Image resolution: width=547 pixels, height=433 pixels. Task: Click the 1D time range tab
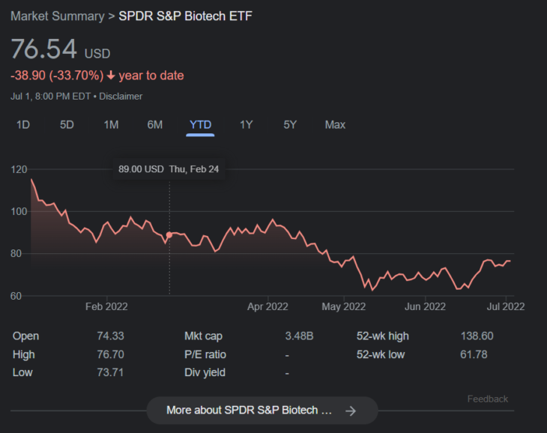[x=23, y=124]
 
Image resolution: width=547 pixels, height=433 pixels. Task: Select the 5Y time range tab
[x=290, y=124]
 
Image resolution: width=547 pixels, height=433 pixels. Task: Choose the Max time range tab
[x=335, y=124]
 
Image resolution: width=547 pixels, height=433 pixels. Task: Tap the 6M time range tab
[x=154, y=124]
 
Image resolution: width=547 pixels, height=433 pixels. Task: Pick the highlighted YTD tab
[x=200, y=124]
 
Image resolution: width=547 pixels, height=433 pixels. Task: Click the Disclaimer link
[x=121, y=96]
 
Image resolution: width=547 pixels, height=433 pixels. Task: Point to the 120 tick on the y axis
[x=19, y=169]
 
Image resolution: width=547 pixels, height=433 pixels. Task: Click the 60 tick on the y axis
[x=19, y=296]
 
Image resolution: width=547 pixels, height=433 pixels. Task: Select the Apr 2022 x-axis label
[x=268, y=306]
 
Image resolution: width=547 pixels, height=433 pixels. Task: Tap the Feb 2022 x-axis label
[x=106, y=306]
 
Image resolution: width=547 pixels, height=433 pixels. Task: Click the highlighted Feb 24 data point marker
[x=169, y=234]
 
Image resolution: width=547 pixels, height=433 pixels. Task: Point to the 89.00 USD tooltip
[x=169, y=169]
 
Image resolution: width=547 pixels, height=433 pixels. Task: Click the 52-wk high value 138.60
[x=477, y=336]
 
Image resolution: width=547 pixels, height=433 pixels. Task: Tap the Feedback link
[x=487, y=399]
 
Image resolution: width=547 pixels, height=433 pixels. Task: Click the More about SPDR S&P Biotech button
[x=262, y=411]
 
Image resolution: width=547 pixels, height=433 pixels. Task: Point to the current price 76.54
[x=44, y=49]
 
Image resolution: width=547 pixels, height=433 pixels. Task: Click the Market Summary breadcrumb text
[x=56, y=16]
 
